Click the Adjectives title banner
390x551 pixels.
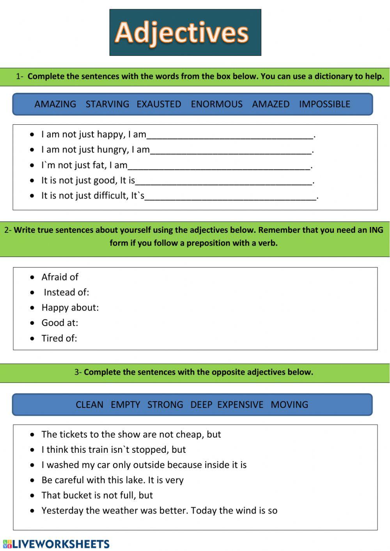(185, 32)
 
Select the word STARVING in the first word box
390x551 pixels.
(107, 104)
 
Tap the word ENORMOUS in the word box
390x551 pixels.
(216, 104)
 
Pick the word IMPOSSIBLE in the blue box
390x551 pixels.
(324, 104)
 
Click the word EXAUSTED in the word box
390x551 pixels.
(159, 104)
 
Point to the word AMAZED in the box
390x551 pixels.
(271, 104)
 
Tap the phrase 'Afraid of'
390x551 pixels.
(60, 277)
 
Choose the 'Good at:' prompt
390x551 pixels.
(60, 323)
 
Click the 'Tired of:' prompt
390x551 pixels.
(59, 338)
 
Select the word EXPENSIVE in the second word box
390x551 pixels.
(240, 405)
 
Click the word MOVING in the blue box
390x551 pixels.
(289, 405)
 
